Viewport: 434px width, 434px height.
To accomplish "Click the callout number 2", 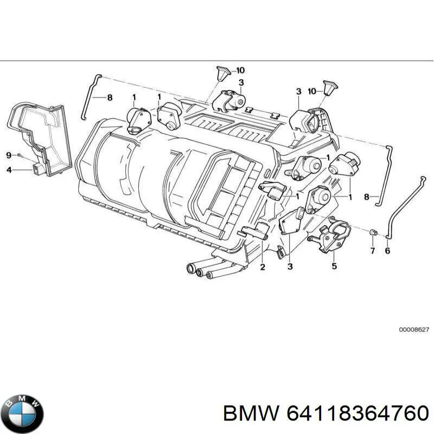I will [x=262, y=267].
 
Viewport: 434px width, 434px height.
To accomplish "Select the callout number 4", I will [x=9, y=170].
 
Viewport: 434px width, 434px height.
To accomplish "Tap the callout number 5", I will [x=334, y=266].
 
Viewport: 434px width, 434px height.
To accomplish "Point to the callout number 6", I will [x=387, y=251].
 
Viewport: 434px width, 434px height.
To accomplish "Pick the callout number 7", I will [x=372, y=251].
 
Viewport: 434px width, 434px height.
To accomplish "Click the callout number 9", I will [x=9, y=156].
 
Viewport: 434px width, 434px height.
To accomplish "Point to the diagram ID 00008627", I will [x=414, y=329].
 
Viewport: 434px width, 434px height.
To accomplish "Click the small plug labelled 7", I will [x=372, y=233].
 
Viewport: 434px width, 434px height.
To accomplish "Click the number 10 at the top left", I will [x=240, y=70].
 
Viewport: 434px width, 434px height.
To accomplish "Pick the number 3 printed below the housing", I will [x=290, y=266].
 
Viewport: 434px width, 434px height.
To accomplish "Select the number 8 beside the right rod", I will [x=367, y=197].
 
